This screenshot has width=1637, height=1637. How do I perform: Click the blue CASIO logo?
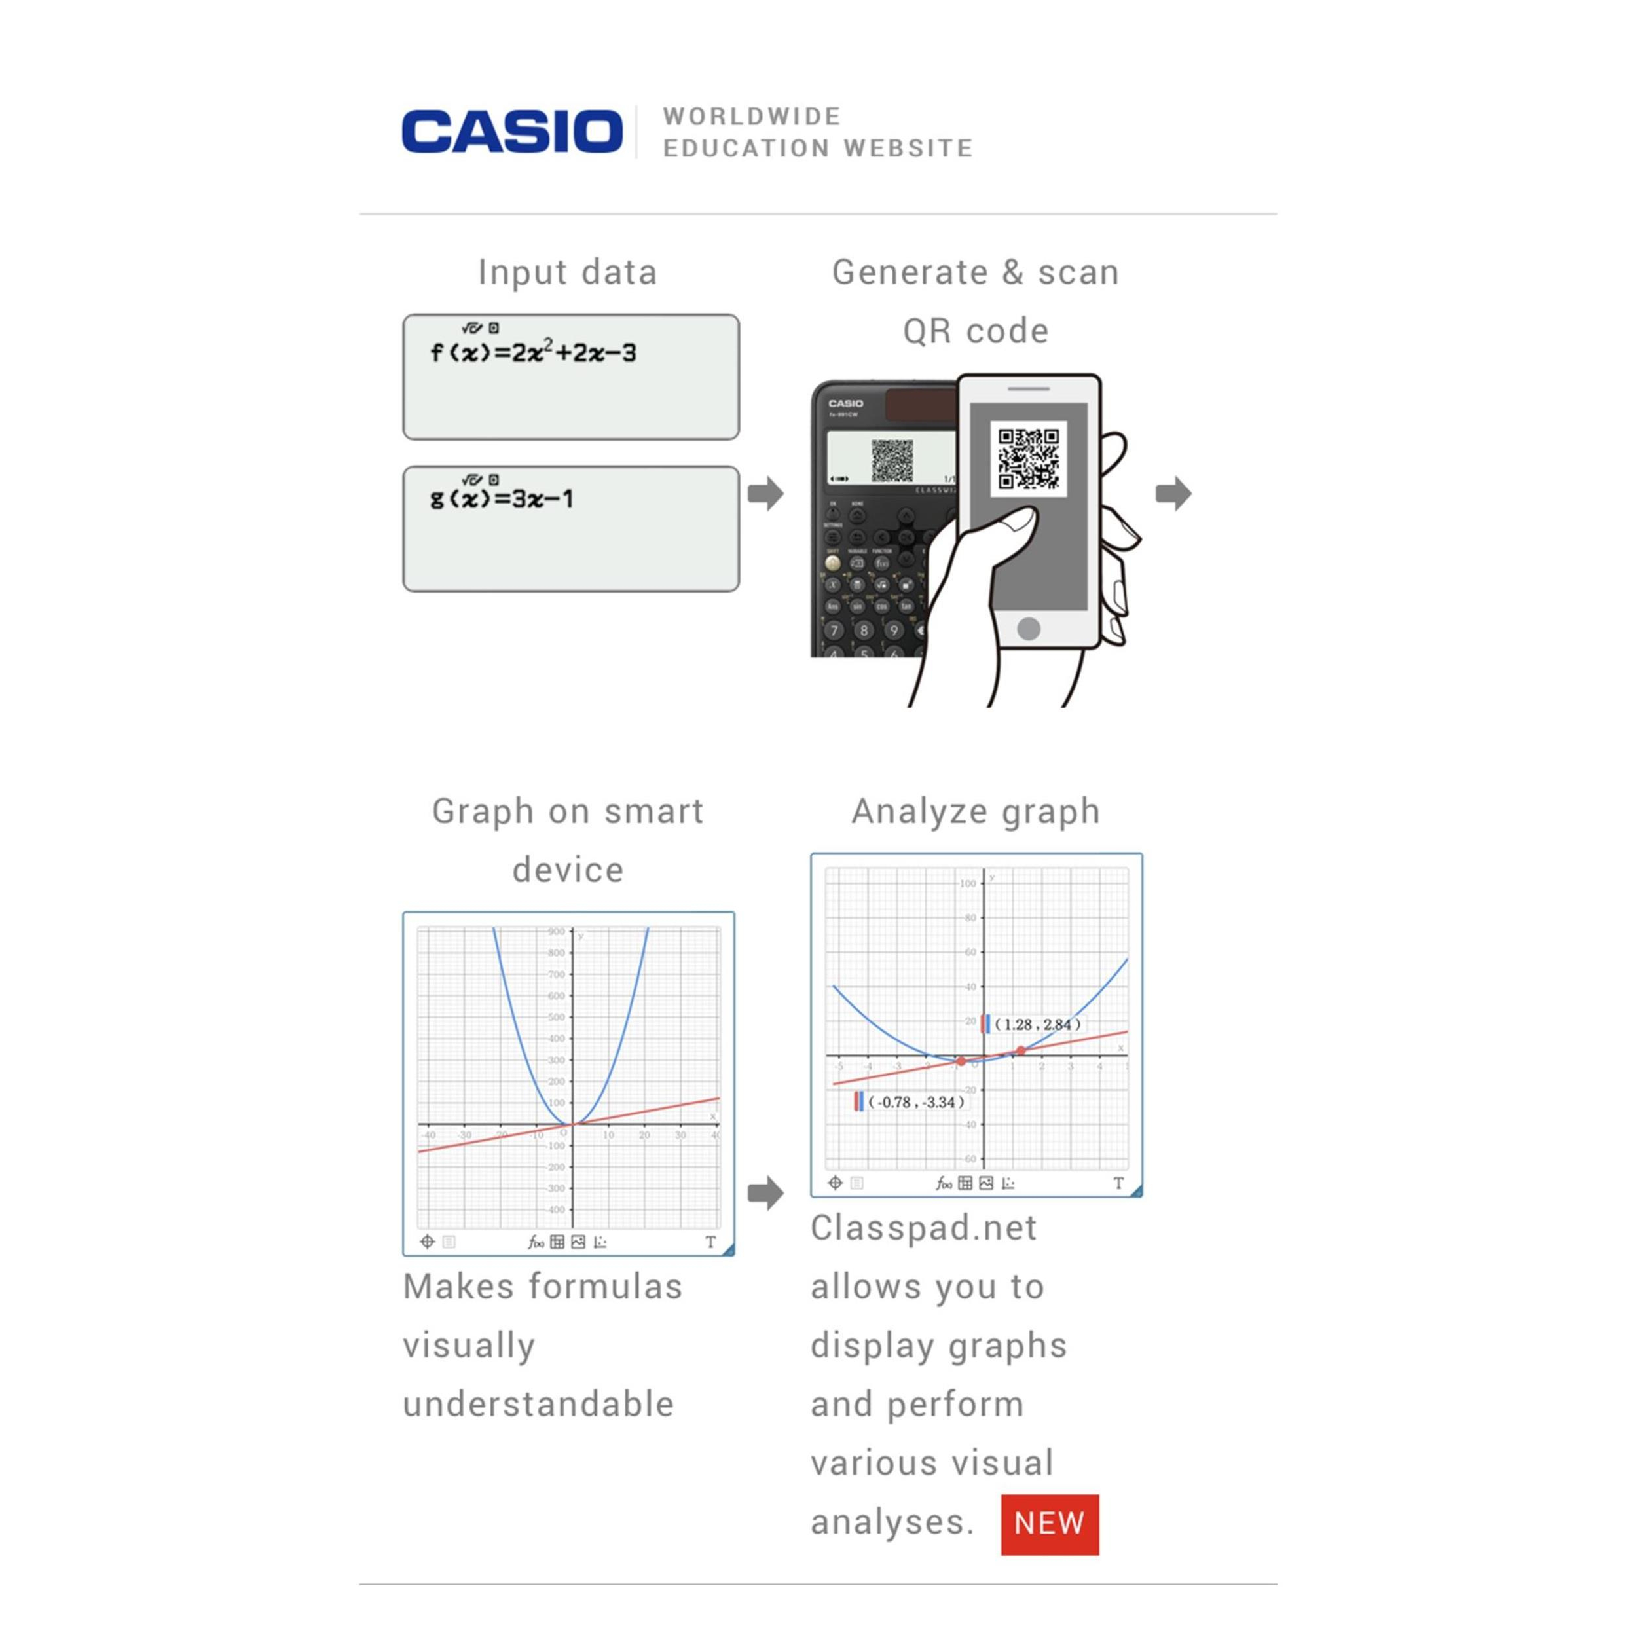512,132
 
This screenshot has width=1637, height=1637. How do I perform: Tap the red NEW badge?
1049,1524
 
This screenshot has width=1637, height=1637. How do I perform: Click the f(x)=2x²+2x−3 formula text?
533,352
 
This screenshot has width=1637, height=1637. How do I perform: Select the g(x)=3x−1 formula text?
502,498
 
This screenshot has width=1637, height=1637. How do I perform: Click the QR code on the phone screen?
1028,458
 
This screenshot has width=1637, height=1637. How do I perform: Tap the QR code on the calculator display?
892,460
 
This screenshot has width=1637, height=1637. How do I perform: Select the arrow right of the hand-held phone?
1173,493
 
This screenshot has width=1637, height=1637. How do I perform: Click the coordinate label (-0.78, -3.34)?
916,1101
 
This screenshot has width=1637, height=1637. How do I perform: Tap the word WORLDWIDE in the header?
752,116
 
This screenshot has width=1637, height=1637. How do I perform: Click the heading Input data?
567,272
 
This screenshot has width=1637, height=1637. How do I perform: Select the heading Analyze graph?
975,811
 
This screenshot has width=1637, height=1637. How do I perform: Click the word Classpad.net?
923,1228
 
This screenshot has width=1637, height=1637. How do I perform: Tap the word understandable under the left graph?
538,1404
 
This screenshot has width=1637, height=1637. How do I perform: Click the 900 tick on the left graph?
556,932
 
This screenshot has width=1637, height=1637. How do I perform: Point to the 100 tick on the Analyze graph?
968,883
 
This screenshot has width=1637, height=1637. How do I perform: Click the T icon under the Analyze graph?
1118,1183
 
